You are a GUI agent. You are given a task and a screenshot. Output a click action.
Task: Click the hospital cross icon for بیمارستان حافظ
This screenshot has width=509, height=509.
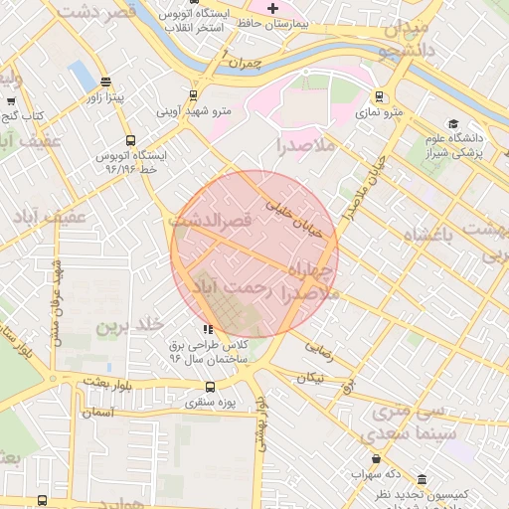click(x=273, y=7)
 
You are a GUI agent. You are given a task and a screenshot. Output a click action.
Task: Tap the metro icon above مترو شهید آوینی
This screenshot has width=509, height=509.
click(x=193, y=96)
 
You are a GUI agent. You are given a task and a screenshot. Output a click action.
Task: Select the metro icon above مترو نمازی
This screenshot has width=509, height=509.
click(x=379, y=96)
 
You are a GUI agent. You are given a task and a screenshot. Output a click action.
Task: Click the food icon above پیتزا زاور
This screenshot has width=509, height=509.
click(x=106, y=83)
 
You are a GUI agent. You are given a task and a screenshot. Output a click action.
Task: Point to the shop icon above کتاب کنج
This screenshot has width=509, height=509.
click(x=11, y=100)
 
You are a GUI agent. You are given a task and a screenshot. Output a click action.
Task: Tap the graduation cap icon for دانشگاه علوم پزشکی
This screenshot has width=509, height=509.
click(x=453, y=124)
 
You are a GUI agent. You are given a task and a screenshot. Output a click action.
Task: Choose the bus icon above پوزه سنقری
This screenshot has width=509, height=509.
click(x=209, y=387)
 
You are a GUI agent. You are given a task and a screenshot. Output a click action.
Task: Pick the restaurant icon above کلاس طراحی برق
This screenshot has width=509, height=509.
click(x=207, y=329)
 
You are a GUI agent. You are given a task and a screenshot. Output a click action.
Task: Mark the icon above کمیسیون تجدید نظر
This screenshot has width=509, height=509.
click(x=423, y=479)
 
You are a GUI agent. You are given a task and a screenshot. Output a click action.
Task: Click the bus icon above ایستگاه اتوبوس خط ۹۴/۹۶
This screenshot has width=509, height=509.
click(x=130, y=140)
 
